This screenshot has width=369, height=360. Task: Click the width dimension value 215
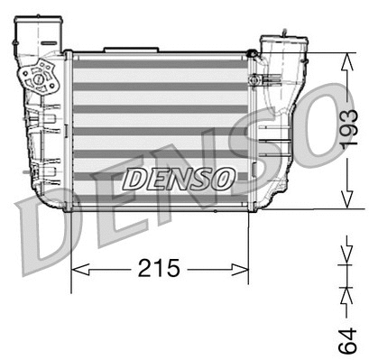coord(159,269)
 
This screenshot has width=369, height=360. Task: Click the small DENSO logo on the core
coord(178,179)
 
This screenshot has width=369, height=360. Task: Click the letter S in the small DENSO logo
coord(204,179)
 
